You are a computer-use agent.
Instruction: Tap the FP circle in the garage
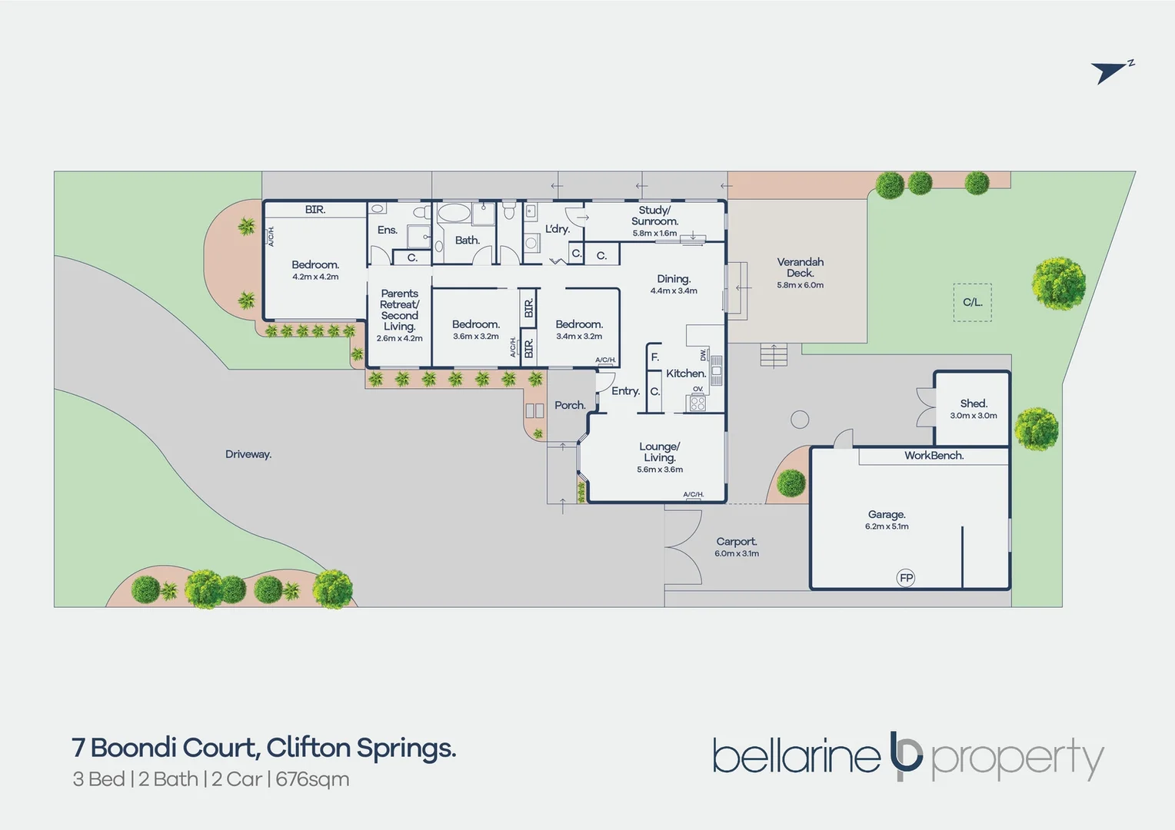pos(906,578)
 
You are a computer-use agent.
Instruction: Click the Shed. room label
pos(974,403)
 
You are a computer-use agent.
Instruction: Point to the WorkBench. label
pos(934,456)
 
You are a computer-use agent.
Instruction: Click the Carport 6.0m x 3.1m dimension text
pos(737,553)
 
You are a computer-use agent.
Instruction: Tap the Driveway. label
pos(248,454)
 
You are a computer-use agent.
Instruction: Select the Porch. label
pos(570,405)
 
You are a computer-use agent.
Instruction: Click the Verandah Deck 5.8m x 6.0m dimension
pos(800,285)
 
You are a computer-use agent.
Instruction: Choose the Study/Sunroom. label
pos(654,215)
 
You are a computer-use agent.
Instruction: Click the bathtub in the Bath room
pos(454,213)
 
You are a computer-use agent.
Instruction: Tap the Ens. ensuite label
pos(387,230)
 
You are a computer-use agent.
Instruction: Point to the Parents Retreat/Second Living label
pos(400,310)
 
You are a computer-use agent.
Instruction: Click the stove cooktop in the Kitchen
pos(697,403)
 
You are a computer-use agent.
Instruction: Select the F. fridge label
pos(654,357)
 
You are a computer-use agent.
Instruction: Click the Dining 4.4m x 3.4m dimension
pos(674,291)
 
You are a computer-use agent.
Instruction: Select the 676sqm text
pos(312,780)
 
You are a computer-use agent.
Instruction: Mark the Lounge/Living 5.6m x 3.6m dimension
pos(660,470)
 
